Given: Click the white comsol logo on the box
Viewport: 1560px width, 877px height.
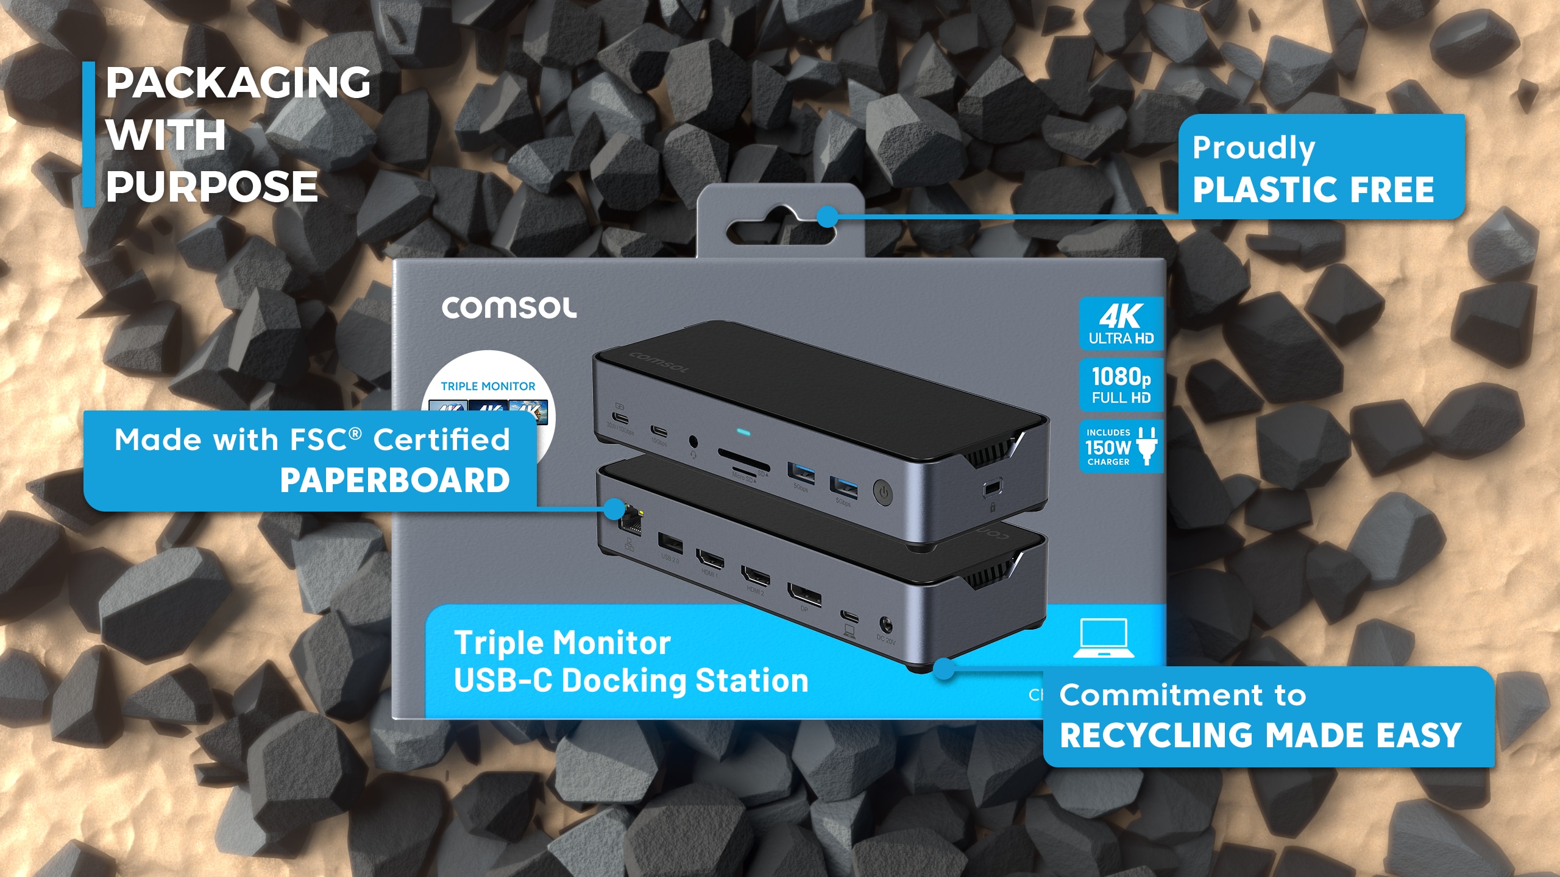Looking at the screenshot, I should pos(509,308).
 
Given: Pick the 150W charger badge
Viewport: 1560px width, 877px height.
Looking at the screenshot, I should pos(1121,446).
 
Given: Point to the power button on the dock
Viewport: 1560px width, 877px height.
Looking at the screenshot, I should pos(883,491).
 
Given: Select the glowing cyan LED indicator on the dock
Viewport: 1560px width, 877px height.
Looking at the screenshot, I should pos(743,433).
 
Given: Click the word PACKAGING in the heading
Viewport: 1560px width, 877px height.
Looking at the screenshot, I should pos(238,83).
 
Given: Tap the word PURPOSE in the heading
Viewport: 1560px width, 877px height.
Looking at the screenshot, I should pos(212,187).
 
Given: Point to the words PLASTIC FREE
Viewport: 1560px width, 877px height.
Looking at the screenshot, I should pos(1313,189).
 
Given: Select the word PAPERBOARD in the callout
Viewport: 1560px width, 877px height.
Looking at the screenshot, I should pos(395,481).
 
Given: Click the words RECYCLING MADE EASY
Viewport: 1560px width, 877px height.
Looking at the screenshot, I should pos(1260,735).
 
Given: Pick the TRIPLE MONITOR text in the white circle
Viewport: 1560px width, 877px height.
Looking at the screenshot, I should pos(487,386).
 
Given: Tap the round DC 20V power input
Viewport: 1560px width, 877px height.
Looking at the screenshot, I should pos(885,624).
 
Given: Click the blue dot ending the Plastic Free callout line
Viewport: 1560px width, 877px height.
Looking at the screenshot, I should pos(827,216).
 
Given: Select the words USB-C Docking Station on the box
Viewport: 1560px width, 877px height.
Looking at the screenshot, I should pos(631,681).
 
